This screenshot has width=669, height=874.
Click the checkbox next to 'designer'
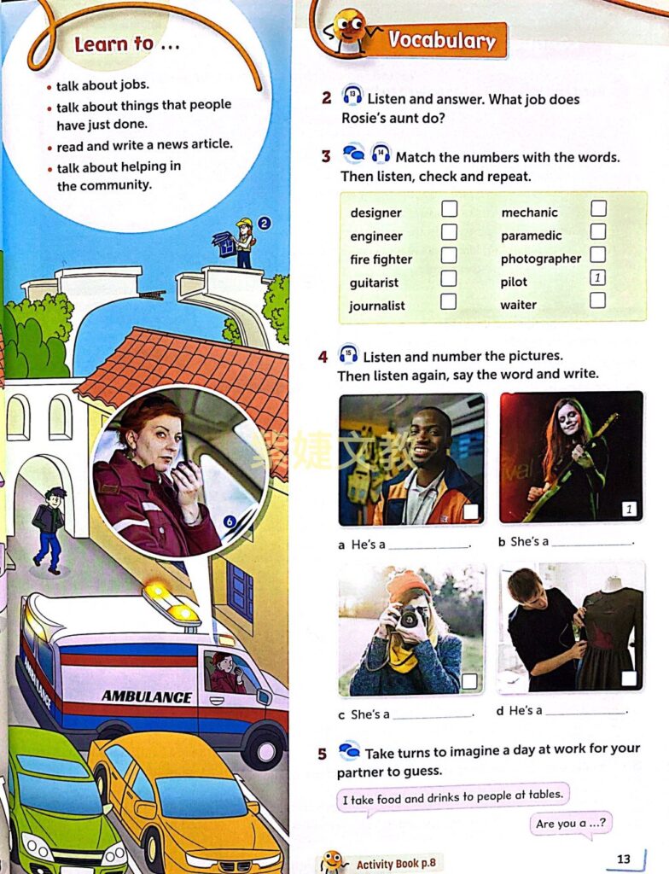(x=449, y=208)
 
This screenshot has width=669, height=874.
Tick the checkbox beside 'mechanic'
(x=598, y=208)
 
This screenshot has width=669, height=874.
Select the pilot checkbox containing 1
(x=598, y=277)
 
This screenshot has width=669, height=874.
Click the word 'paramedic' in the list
(x=531, y=236)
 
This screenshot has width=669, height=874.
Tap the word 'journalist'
(x=377, y=306)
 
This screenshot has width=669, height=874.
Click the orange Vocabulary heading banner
(x=441, y=40)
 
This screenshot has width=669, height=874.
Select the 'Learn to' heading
(x=126, y=44)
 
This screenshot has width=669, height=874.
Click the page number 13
(x=624, y=859)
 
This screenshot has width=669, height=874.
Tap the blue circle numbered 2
(x=265, y=224)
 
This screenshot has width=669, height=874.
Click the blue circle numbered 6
(x=228, y=522)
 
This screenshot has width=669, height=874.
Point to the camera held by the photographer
(x=412, y=616)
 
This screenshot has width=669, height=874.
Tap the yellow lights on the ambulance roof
(x=172, y=602)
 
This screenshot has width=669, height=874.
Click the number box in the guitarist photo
(x=629, y=510)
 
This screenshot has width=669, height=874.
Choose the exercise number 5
(x=323, y=754)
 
